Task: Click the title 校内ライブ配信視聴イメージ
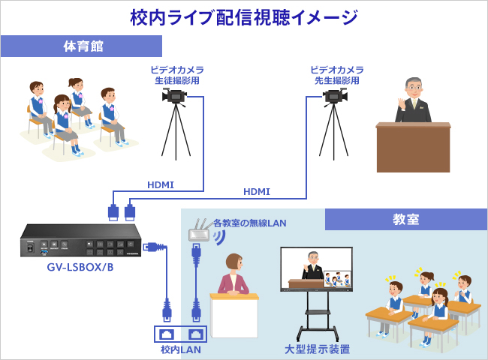(244, 17)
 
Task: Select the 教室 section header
(406, 219)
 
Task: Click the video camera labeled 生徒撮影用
(175, 96)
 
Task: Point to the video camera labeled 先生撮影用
(335, 96)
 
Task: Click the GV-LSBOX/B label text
(80, 267)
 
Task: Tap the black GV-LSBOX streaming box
(80, 240)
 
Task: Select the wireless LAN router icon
(200, 232)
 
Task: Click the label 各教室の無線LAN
(249, 223)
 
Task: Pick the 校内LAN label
(180, 349)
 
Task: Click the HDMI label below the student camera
(161, 185)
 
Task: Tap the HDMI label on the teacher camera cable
(257, 192)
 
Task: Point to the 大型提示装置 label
(317, 349)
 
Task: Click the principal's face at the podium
(414, 88)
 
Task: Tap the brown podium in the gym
(414, 147)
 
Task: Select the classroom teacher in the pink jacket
(233, 274)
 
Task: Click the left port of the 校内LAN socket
(167, 334)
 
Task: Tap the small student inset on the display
(337, 279)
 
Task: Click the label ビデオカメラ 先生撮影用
(337, 75)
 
